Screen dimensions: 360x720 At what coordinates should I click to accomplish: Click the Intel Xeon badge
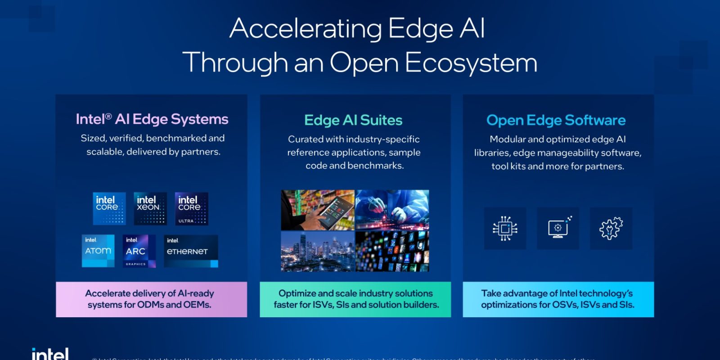click(x=150, y=208)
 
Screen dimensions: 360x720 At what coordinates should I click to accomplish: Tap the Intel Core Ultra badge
click(x=191, y=208)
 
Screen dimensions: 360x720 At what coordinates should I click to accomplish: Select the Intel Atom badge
click(x=98, y=251)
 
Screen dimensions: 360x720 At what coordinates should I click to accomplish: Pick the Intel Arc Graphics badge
click(x=139, y=251)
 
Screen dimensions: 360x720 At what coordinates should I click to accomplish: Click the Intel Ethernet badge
click(x=191, y=251)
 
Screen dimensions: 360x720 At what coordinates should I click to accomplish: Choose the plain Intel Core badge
click(x=109, y=208)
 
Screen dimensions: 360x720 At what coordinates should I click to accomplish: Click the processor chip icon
click(x=505, y=228)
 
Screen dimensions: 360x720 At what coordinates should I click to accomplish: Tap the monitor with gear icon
click(x=558, y=228)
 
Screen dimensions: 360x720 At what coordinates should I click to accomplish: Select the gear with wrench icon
click(x=611, y=228)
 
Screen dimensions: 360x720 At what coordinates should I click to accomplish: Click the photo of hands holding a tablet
click(x=318, y=210)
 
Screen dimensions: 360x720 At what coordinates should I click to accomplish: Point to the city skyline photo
click(x=318, y=251)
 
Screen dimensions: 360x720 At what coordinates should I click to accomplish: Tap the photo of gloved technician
click(x=392, y=210)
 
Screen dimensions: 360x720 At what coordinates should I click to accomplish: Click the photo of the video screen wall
click(x=392, y=251)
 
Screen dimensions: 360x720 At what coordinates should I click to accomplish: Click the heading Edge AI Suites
click(x=353, y=120)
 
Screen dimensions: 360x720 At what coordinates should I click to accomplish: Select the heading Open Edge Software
click(x=556, y=120)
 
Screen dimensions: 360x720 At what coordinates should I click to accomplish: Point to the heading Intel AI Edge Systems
click(x=152, y=119)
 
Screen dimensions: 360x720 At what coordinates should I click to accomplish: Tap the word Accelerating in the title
click(x=306, y=29)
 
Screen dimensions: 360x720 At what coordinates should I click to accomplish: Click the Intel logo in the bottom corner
click(x=50, y=354)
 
